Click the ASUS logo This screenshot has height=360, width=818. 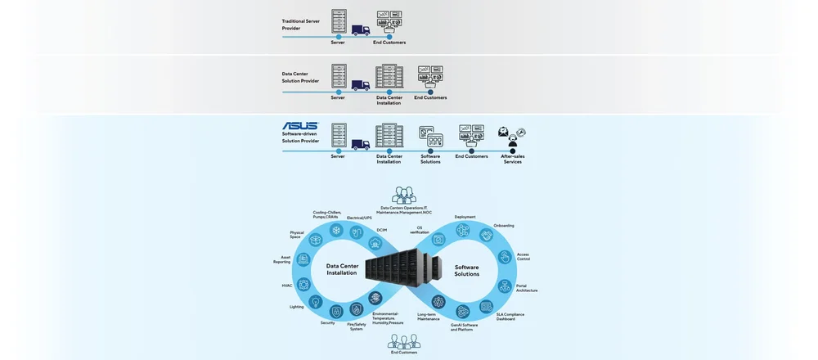[299, 127]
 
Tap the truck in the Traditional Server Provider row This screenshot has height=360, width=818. [361, 29]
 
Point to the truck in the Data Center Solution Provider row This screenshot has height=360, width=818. [361, 84]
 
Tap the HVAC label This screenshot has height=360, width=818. [286, 286]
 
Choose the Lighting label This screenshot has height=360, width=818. [296, 307]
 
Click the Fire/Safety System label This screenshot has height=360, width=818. [357, 326]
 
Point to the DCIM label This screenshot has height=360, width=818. [382, 230]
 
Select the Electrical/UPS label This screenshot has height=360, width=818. [360, 218]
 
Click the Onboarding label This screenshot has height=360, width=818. [504, 225]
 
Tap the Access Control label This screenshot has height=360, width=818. [523, 256]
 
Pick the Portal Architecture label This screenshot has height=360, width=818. [527, 288]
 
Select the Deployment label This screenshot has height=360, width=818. [465, 217]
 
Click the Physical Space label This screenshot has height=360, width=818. [296, 235]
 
